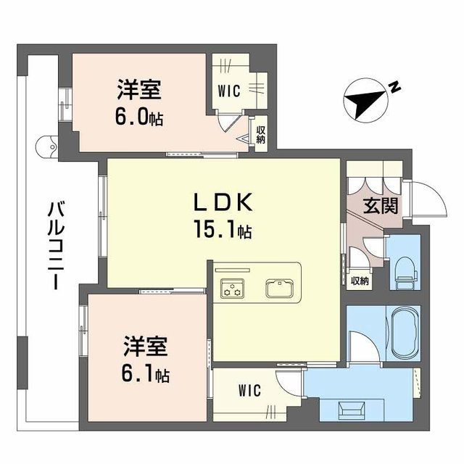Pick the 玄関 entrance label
coord(381,206)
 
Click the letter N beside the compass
coord(394,88)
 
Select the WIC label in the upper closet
coord(230,91)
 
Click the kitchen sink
coord(280,287)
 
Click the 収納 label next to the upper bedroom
coord(260,135)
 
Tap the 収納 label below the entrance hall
coord(360,280)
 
